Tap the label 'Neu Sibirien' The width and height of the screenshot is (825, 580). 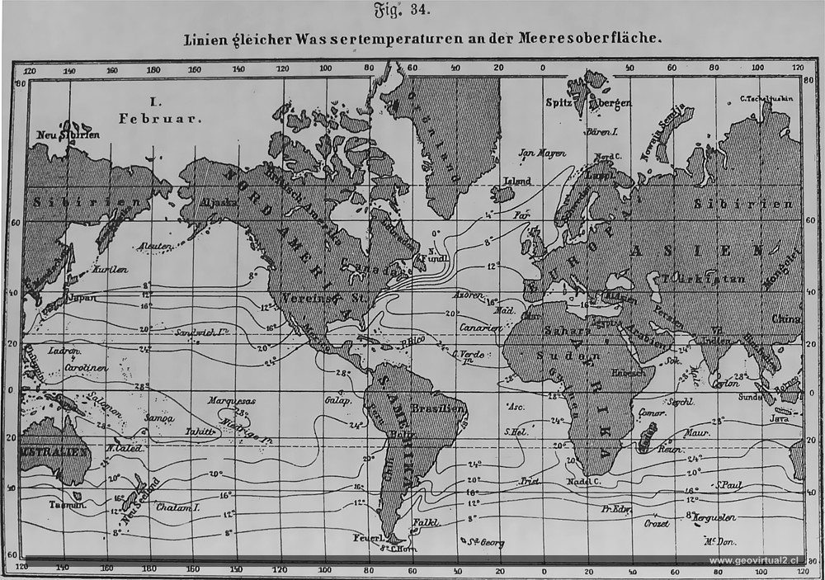click(68, 134)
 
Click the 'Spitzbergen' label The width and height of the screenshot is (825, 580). click(588, 102)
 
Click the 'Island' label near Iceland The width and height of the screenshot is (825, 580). click(516, 182)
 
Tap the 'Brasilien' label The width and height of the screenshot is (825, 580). click(438, 408)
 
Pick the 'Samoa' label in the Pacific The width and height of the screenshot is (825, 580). click(159, 417)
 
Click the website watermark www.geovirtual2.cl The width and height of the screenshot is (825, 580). click(759, 561)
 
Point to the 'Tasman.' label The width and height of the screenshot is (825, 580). click(67, 503)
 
